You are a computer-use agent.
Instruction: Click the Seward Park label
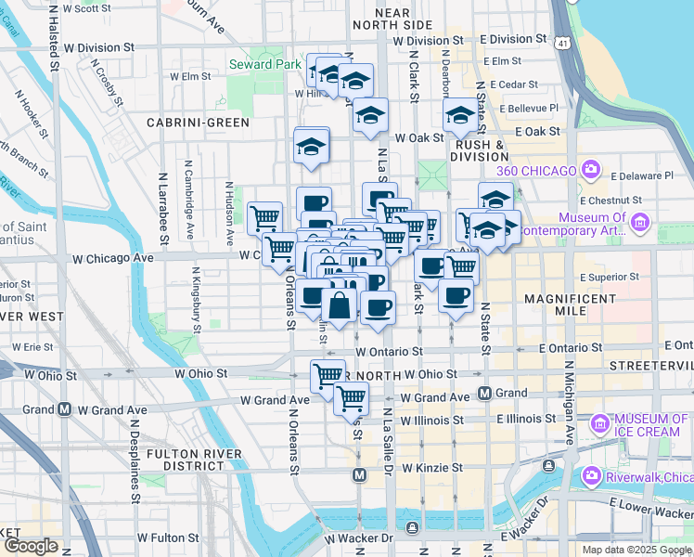coord(265,65)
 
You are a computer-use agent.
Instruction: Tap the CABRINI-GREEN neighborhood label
coord(198,123)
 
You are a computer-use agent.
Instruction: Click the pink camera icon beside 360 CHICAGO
coord(590,169)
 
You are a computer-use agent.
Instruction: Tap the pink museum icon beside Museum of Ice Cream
coord(599,425)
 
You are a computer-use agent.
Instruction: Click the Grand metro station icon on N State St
coord(483,393)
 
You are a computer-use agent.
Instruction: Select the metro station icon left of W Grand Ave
coord(65,408)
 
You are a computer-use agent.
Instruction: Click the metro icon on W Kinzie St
coord(361,475)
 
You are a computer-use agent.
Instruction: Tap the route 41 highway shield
coord(563,44)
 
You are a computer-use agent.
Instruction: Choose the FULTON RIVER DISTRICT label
coord(193,459)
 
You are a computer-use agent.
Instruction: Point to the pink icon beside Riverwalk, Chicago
coord(591,475)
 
